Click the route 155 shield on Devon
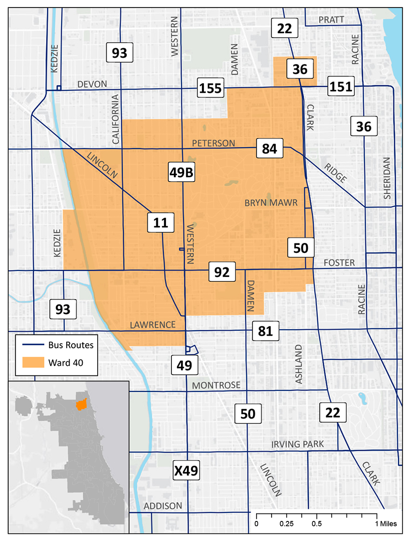[x=211, y=88]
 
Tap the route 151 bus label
[x=341, y=87]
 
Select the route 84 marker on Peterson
[x=269, y=149]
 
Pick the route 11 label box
[x=161, y=222]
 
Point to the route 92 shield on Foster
[x=222, y=272]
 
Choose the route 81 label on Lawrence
[x=265, y=331]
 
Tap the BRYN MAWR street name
[x=271, y=203]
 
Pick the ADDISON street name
[x=163, y=505]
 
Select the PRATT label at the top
[x=332, y=20]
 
